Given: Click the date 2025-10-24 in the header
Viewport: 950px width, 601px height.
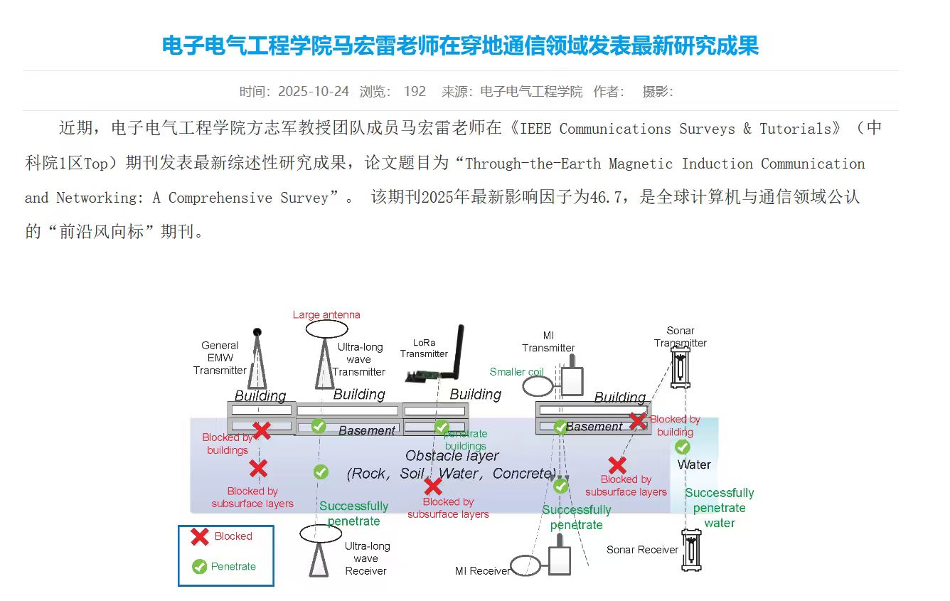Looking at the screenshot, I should (x=313, y=92).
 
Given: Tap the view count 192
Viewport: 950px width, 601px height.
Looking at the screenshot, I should (x=415, y=92).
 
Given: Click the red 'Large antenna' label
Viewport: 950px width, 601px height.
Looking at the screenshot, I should (x=326, y=314).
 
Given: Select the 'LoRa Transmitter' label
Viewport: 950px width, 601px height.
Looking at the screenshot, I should (x=424, y=348).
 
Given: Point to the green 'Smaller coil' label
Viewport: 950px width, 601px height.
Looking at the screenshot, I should (x=516, y=371).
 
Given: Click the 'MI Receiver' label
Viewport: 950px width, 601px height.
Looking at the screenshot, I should (x=482, y=570).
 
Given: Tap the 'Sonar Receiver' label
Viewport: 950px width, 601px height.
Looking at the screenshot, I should (x=642, y=549).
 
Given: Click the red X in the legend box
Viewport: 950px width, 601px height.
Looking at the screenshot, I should (x=200, y=537).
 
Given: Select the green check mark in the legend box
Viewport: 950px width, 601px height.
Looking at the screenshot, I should (x=200, y=567).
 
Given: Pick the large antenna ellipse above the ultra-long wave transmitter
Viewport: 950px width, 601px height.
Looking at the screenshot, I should (x=326, y=329).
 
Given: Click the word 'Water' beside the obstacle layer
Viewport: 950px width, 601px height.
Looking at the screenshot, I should (x=694, y=464).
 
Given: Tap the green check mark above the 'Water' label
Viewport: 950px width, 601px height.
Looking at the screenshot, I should (x=682, y=447).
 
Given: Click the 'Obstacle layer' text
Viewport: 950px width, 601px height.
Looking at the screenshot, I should (x=452, y=455).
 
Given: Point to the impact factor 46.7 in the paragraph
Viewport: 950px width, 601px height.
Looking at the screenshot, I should (x=602, y=198).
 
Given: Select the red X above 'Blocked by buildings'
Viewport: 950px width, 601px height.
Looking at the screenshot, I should (x=262, y=430).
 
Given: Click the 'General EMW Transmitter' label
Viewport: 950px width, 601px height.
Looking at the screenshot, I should (x=220, y=358).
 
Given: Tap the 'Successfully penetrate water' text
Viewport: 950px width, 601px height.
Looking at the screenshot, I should (x=719, y=508).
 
